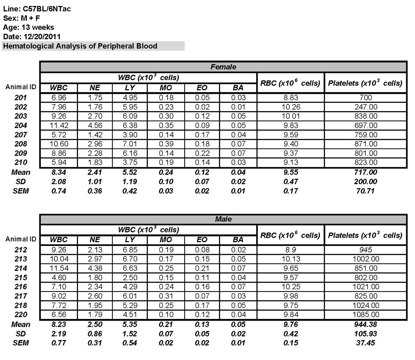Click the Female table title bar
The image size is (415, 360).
[223, 67]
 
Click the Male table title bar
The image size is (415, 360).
[223, 219]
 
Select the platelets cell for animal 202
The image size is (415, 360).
[365, 107]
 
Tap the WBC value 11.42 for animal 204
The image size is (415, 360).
[58, 125]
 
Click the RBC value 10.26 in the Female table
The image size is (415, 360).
[290, 107]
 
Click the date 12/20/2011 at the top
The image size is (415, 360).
[43, 36]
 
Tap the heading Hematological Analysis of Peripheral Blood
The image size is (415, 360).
[80, 46]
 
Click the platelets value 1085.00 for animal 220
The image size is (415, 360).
[365, 315]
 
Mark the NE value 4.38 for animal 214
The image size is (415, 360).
[95, 268]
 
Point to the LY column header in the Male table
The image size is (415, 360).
[130, 239]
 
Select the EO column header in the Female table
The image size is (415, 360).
[202, 88]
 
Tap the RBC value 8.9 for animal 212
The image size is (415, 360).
[290, 250]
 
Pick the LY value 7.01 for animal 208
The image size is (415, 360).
[130, 144]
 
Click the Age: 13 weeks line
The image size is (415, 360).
[28, 27]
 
